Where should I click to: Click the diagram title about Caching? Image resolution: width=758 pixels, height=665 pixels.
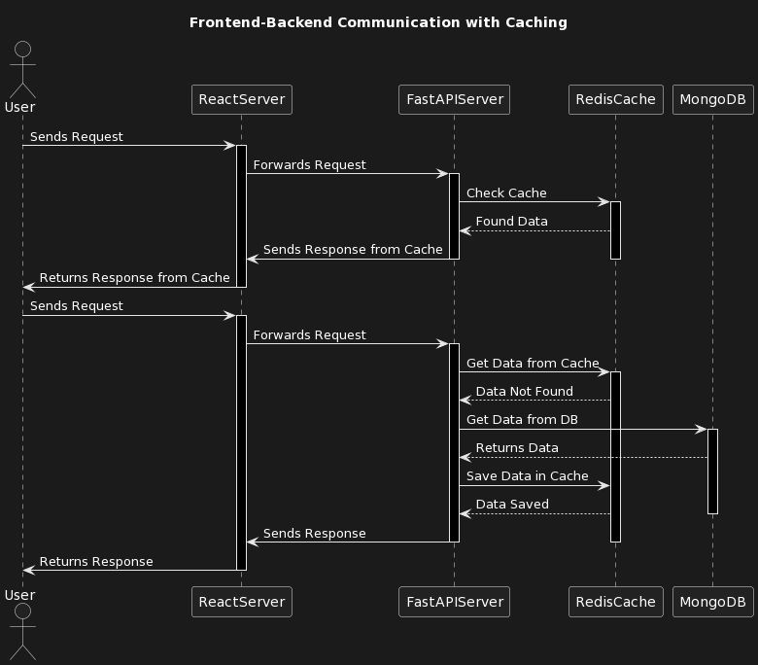378,22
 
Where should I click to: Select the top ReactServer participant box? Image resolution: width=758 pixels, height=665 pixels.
241,98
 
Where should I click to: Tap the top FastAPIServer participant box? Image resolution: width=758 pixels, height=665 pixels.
454,98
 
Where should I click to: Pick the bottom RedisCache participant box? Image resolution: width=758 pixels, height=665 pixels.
615,602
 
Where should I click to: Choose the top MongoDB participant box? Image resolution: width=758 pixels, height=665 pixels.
712,98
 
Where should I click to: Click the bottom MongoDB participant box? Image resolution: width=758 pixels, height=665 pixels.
712,602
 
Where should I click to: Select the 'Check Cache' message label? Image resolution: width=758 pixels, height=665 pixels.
506,193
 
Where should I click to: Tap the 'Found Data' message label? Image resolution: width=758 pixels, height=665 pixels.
511,222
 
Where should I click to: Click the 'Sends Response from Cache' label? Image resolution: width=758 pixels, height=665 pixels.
353,250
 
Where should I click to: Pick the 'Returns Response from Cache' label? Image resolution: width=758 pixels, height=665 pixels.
134,278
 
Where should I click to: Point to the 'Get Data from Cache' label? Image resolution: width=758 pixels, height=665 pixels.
533,363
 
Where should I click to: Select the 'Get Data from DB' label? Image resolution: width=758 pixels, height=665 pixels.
522,420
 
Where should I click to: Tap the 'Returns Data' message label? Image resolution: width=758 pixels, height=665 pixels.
517,448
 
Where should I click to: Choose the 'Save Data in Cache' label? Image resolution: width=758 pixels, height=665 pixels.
528,476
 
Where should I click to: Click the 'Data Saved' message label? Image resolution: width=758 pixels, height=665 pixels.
512,505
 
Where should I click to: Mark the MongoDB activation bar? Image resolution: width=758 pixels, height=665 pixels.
712,471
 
